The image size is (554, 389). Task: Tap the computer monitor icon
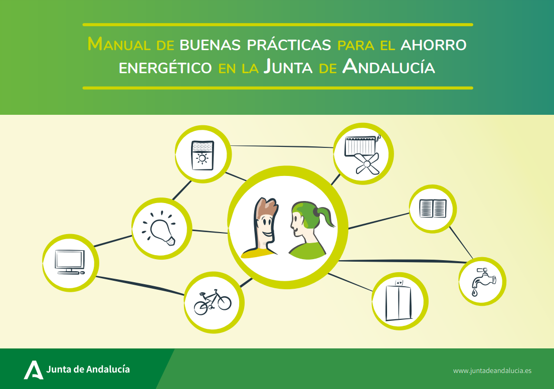[x=70, y=262]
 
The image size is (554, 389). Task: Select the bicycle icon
[x=213, y=302]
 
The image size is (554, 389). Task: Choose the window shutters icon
[x=433, y=209]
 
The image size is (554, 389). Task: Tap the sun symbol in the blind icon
[x=202, y=158]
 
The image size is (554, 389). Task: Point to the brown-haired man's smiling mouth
[x=268, y=234]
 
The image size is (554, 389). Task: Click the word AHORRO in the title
[x=434, y=45]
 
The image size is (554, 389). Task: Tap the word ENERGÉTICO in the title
[x=165, y=68]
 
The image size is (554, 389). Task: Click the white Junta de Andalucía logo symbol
[x=34, y=370]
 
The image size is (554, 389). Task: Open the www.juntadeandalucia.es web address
[x=492, y=370]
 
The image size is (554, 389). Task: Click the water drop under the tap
[x=474, y=292]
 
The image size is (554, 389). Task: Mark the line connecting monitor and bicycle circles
[x=140, y=285]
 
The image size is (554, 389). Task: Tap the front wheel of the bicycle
[x=224, y=303]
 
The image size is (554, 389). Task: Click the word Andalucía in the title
[x=389, y=67]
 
